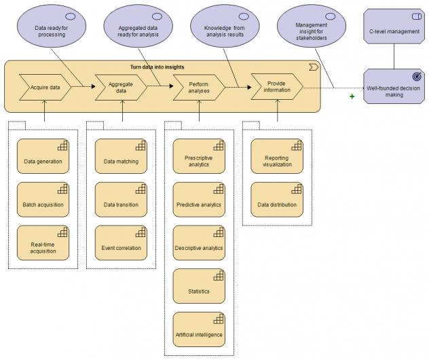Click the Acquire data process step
45,88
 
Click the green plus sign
352,97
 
